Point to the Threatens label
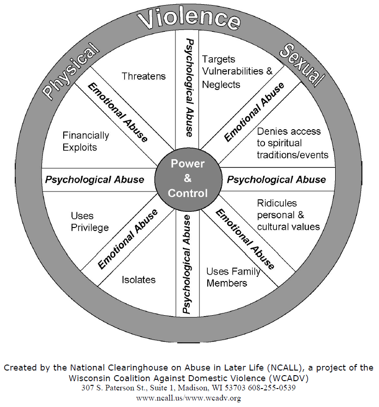[144, 76]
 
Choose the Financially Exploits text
[86, 141]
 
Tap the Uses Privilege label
[90, 221]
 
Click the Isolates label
[138, 280]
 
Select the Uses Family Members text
[233, 277]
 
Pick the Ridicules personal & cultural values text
[288, 215]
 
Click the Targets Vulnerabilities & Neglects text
[237, 72]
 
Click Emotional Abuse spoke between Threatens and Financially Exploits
[118, 111]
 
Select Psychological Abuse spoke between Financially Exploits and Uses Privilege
[94, 179]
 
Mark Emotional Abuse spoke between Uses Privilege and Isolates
[128, 239]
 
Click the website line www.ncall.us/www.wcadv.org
[189, 397]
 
